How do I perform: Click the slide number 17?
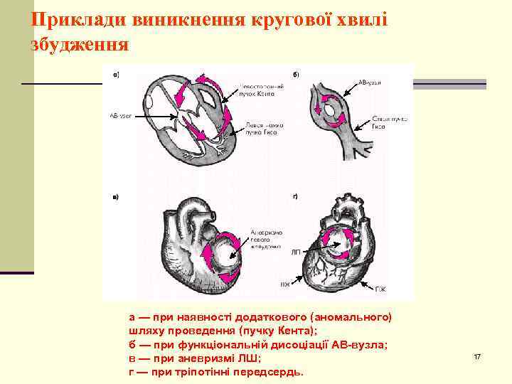pyautogui.click(x=477, y=356)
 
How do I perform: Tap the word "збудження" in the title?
pyautogui.click(x=80, y=45)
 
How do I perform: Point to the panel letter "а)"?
pyautogui.click(x=115, y=73)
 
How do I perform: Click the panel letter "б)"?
pyautogui.click(x=296, y=73)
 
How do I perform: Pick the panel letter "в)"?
pyautogui.click(x=115, y=196)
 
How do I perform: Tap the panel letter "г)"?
pyautogui.click(x=296, y=196)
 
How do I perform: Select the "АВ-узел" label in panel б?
pyautogui.click(x=370, y=82)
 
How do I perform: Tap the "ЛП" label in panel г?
pyautogui.click(x=295, y=252)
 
